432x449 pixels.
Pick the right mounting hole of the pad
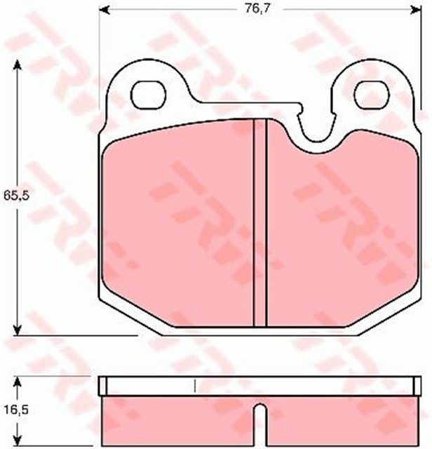click(370, 93)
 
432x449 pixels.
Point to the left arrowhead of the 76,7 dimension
click(105, 10)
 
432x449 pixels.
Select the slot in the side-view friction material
click(260, 424)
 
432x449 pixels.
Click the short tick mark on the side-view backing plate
click(194, 385)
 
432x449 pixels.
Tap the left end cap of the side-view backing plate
click(102, 385)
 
